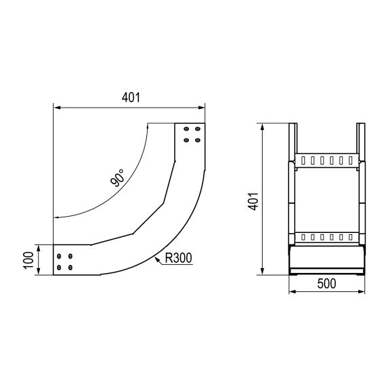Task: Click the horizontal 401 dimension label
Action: pos(131,97)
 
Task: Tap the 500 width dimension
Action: pos(327,284)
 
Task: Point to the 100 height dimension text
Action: pos(28,261)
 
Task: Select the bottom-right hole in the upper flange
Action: pos(197,140)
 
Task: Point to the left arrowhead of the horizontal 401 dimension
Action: pos(57,107)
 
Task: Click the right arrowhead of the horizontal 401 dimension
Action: pos(201,107)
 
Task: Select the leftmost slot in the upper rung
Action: pos(303,162)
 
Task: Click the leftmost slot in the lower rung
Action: pos(303,237)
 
